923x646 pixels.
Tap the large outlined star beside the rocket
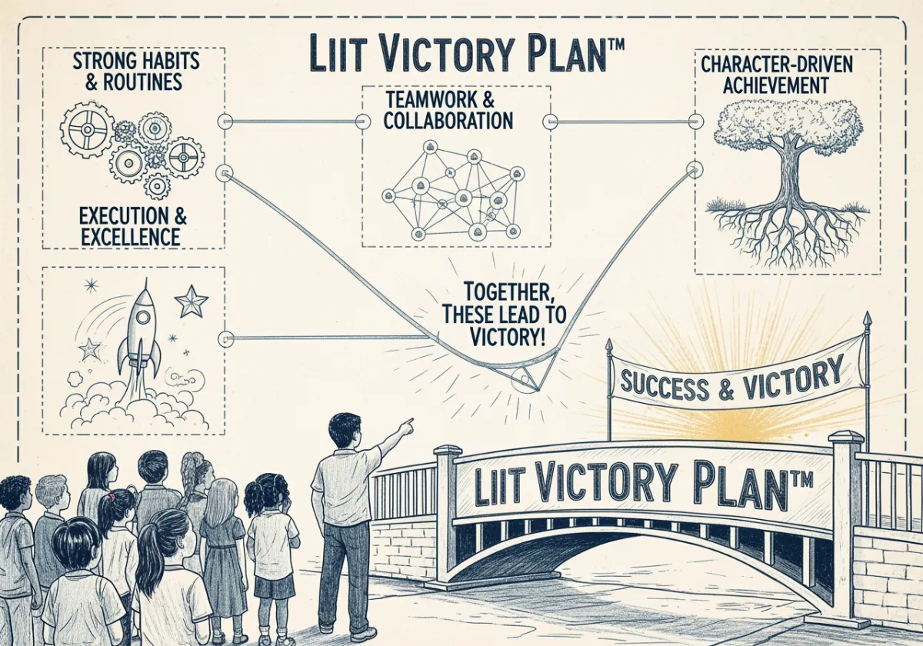point(192,301)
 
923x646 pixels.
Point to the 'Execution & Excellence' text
point(133,225)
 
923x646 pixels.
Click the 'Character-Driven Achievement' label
point(777,74)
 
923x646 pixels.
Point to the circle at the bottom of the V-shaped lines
point(526,381)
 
